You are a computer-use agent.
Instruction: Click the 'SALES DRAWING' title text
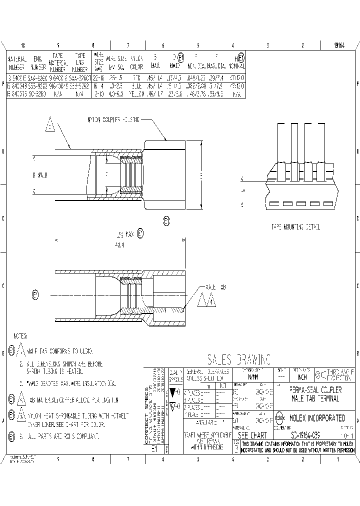click(238, 359)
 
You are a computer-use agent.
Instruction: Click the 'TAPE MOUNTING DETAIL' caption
click(295, 226)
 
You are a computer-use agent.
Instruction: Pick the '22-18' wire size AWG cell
click(98, 78)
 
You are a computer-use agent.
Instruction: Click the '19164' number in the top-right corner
click(340, 45)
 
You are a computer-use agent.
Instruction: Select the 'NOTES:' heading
click(20, 335)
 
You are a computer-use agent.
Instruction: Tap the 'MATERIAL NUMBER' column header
click(17, 62)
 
